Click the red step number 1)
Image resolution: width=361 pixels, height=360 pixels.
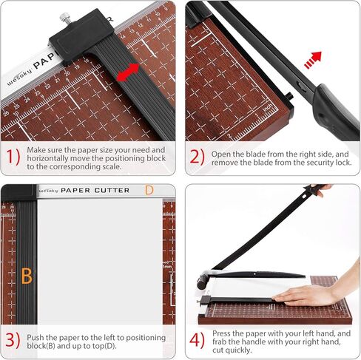13,157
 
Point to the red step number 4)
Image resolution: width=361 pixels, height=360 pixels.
197,340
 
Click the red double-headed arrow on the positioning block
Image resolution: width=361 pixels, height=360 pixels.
127,72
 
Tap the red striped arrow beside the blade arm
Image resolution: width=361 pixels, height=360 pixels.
313,60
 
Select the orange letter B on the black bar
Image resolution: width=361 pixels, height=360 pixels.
27,276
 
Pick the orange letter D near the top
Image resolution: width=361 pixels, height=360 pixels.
149,190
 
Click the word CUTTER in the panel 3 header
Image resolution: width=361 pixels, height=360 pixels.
112,191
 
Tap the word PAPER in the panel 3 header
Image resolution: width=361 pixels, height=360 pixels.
75,191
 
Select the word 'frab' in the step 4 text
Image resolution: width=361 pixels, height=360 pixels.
221,342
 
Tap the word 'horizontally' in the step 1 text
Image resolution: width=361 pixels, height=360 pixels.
47,158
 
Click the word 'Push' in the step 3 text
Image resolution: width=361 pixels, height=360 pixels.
36,337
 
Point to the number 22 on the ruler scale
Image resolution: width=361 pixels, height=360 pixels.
47,86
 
